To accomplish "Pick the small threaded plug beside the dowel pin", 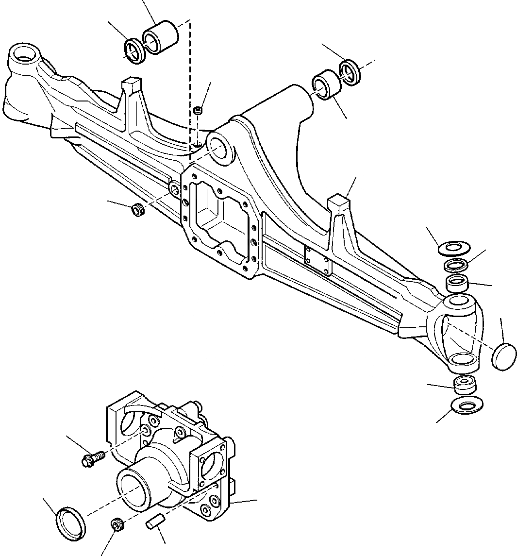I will click(117, 524).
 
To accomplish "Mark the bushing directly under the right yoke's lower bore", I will click(465, 385).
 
